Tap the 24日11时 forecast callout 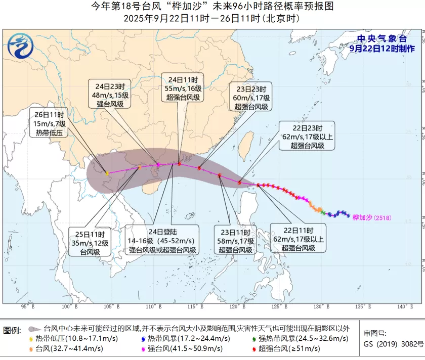183,87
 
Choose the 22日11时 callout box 298,239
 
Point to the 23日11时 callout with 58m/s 238,241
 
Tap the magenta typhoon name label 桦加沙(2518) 372,218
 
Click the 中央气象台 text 382,38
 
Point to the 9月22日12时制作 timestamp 382,49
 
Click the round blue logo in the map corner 20,47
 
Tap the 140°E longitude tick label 402,306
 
